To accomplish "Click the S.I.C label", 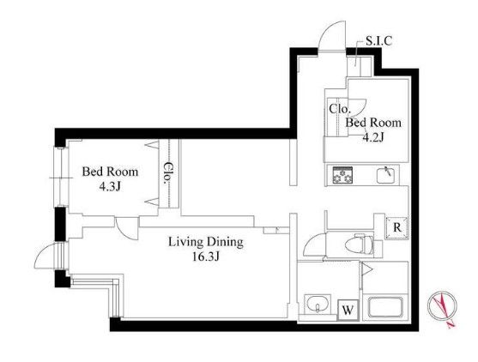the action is (x=378, y=41).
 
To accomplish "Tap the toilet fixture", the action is (x=359, y=244).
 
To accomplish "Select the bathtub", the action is (x=385, y=307).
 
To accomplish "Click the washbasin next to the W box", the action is (x=318, y=305).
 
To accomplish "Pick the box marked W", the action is (x=348, y=311).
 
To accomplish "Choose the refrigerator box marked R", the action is (x=396, y=227).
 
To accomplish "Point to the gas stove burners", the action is (x=342, y=175).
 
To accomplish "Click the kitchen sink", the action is (x=387, y=175).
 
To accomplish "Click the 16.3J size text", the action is (x=206, y=256).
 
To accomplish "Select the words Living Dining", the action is (x=206, y=242).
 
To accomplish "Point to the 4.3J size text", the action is (x=110, y=186).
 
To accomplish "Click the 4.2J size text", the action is (x=372, y=137).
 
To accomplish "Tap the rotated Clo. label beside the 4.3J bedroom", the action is (x=167, y=173).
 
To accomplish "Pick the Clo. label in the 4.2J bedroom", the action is (x=338, y=109).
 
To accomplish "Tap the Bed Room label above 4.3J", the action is (x=110, y=172).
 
